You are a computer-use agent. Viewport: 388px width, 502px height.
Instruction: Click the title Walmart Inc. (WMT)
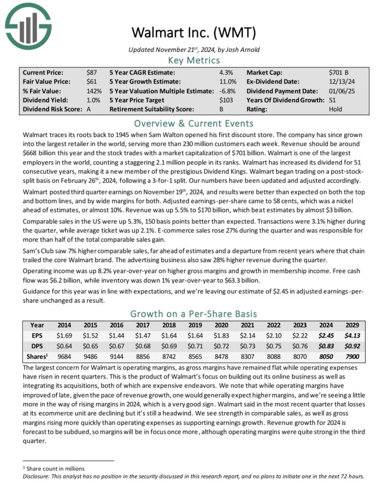(x=194, y=33)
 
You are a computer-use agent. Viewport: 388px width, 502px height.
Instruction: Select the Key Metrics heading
(x=194, y=60)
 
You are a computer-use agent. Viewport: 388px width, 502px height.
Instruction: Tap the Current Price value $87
(x=92, y=72)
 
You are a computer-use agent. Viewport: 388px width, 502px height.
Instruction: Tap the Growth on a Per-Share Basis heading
(x=194, y=314)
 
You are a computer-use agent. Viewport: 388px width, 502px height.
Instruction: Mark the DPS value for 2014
(x=65, y=346)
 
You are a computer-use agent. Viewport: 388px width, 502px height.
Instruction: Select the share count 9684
(x=65, y=357)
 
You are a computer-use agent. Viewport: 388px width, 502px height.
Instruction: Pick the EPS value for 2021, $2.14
(x=246, y=335)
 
